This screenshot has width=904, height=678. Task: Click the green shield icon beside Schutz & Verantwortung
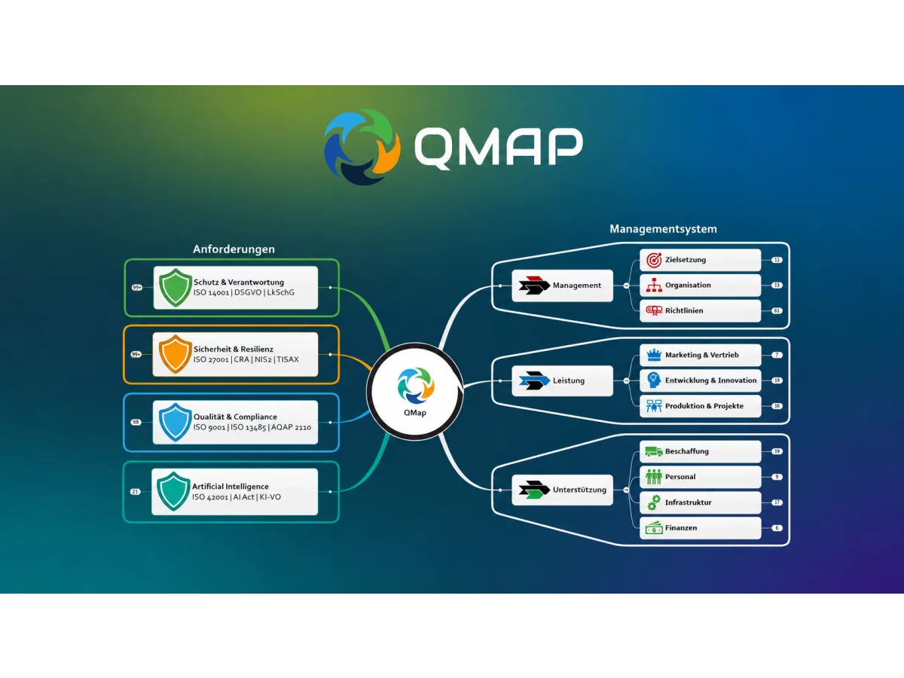(176, 287)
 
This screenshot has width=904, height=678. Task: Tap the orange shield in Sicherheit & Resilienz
(176, 354)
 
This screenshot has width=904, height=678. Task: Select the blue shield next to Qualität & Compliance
(176, 422)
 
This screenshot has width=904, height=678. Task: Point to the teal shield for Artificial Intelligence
(173, 491)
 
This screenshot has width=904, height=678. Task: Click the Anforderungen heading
(234, 249)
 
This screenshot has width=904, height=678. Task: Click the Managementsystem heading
(663, 229)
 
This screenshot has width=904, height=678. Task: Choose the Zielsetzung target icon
(654, 260)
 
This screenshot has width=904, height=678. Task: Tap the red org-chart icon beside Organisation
(654, 285)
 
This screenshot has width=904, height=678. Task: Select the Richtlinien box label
(684, 311)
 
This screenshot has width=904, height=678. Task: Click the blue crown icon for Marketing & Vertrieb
(654, 354)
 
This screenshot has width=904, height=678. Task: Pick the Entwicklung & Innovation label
(711, 380)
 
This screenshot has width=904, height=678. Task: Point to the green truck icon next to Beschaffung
(654, 451)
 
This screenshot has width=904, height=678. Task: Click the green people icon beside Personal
(654, 477)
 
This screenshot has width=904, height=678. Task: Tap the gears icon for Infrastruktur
(654, 502)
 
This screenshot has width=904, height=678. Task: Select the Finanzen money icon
(654, 528)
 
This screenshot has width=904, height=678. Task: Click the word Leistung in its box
(568, 380)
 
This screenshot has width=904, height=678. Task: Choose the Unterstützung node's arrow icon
(534, 490)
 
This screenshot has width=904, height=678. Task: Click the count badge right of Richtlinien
(777, 311)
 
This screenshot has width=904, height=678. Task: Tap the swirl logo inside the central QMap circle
(415, 385)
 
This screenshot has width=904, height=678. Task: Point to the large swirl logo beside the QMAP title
(362, 147)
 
